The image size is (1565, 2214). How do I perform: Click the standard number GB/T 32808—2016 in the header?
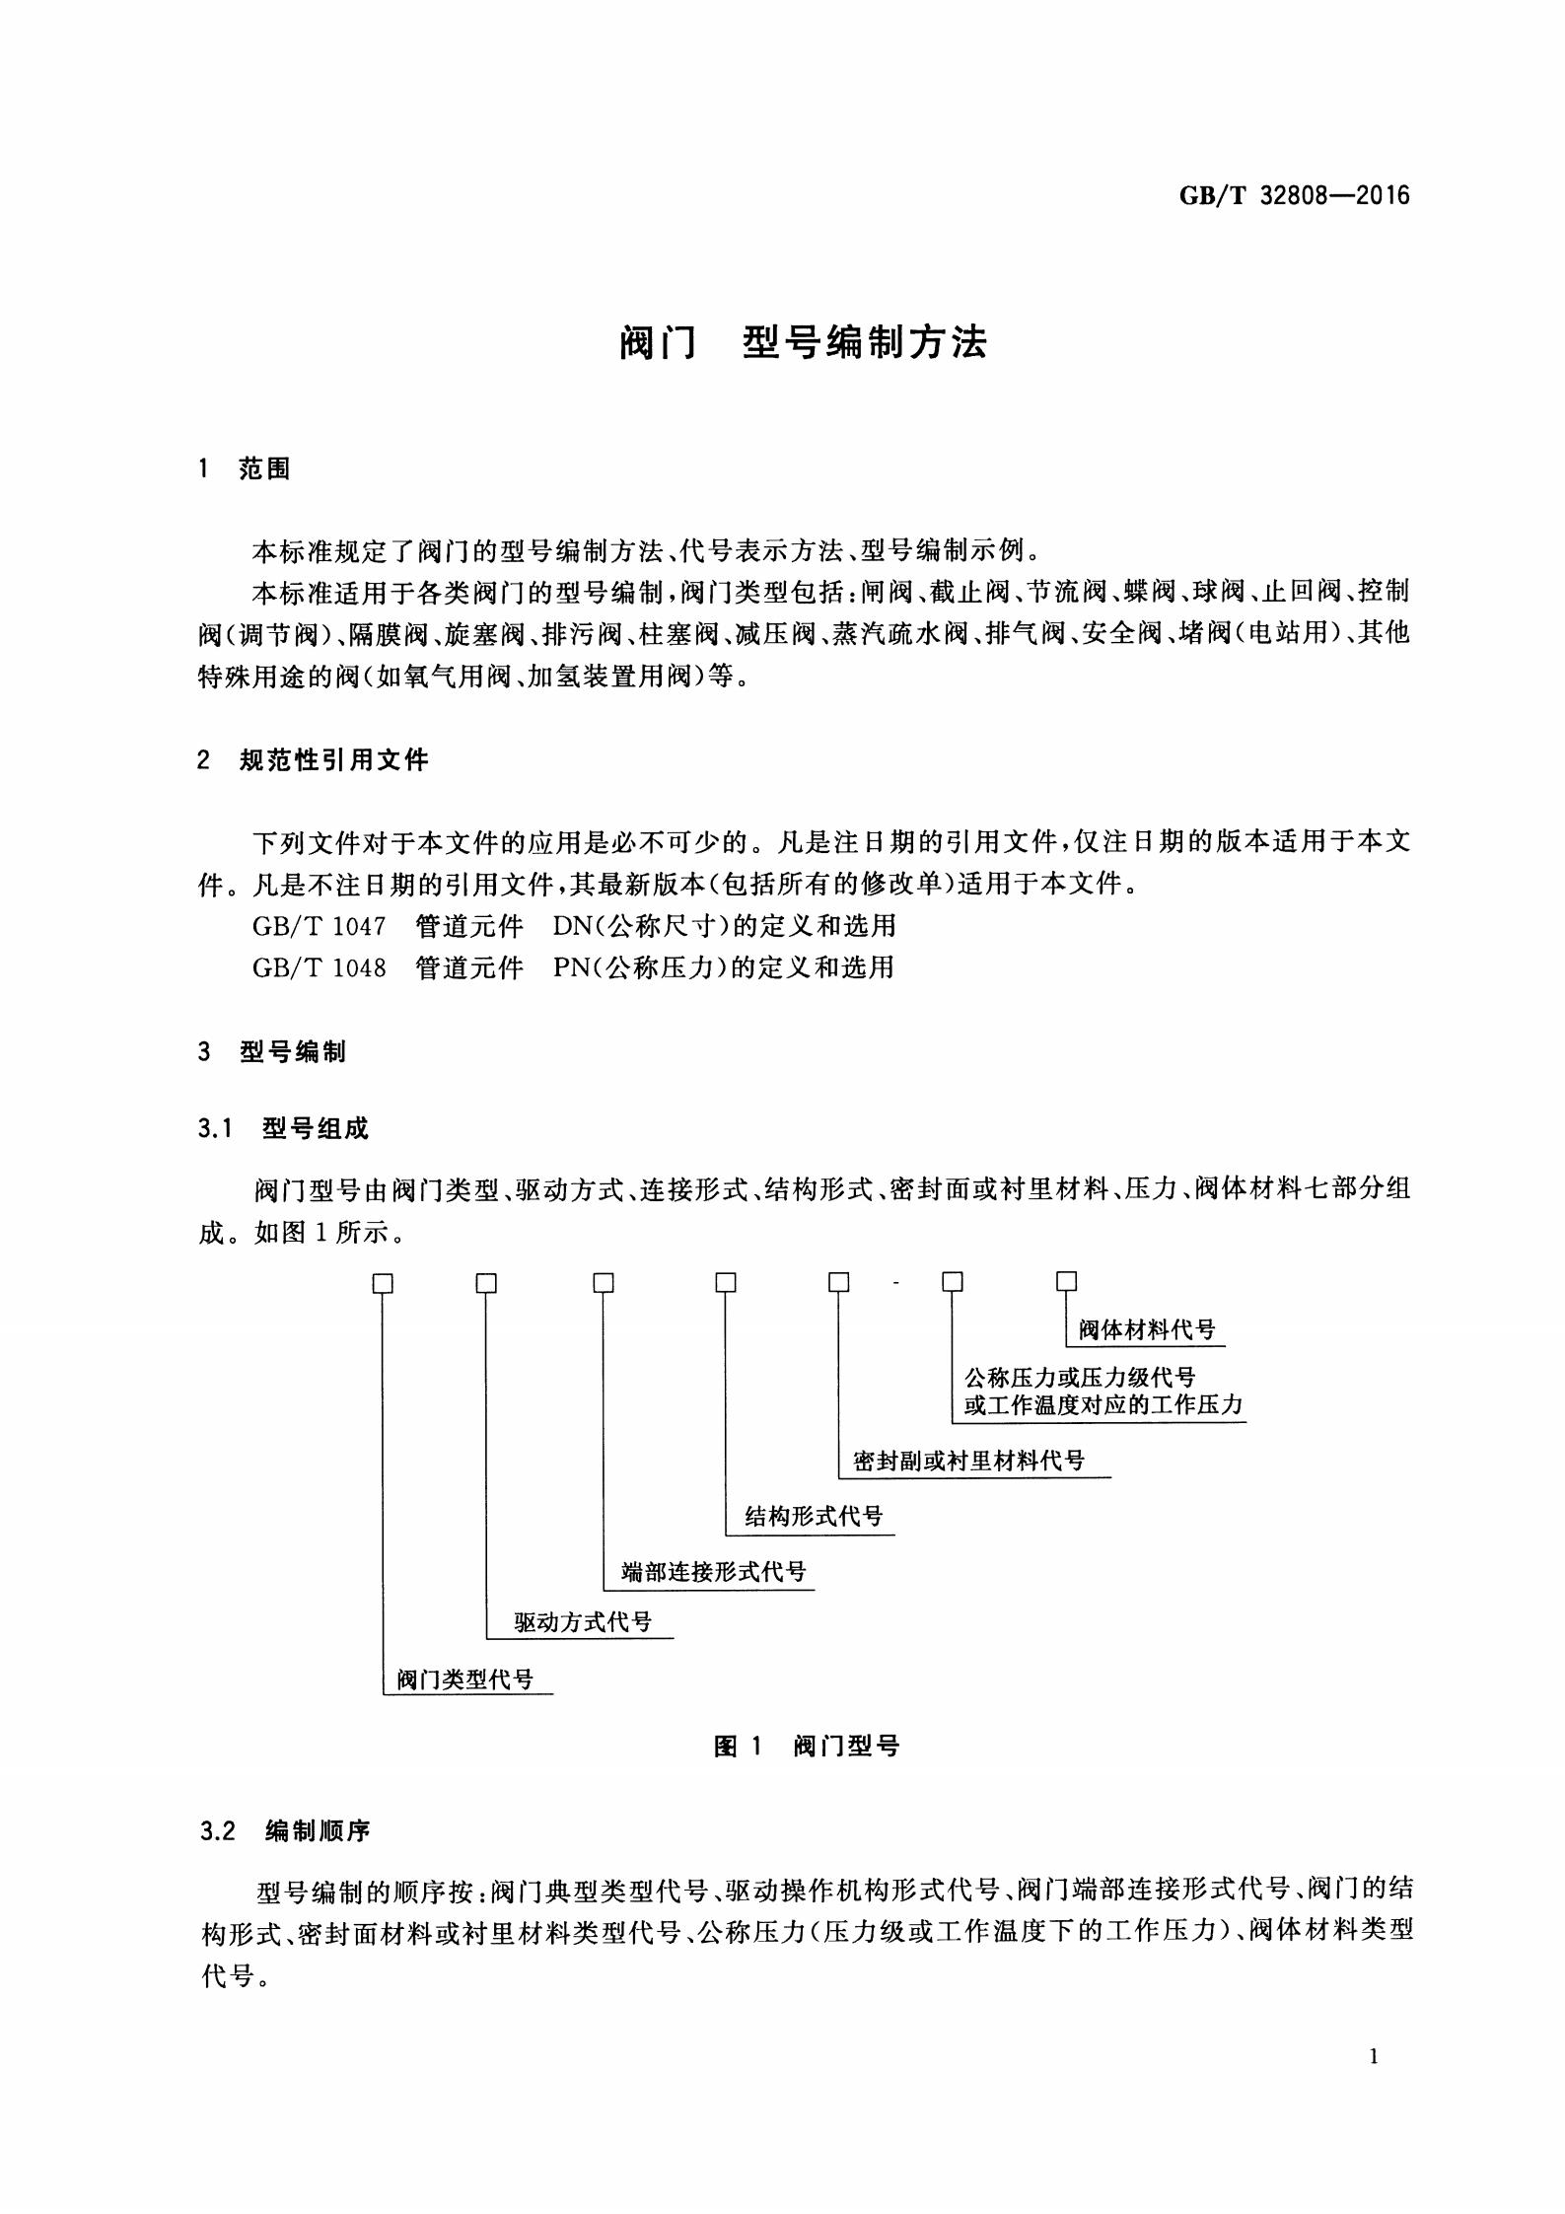click(1294, 195)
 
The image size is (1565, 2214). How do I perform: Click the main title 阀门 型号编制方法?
click(803, 342)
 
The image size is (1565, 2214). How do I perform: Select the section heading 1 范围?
click(245, 469)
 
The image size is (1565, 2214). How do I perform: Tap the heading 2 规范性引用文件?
click(314, 760)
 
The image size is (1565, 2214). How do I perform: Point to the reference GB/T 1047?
click(319, 926)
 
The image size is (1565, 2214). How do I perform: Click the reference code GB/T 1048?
click(319, 967)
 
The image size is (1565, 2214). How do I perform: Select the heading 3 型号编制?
click(272, 1052)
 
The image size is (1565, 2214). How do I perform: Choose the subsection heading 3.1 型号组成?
click(284, 1129)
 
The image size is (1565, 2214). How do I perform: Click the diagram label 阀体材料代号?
click(1146, 1330)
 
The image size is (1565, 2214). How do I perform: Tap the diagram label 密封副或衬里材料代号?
click(968, 1462)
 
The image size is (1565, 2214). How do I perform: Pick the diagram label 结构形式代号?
click(814, 1517)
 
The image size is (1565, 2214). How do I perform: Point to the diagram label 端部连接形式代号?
click(713, 1572)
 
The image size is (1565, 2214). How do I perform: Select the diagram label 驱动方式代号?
click(583, 1622)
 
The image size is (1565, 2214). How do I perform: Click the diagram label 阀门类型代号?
click(464, 1679)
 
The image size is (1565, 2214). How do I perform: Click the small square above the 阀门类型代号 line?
click(383, 1283)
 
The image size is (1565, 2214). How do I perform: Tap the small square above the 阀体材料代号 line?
click(1066, 1281)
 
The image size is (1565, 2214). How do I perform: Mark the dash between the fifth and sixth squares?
click(894, 1283)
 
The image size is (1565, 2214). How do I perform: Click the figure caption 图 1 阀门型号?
click(806, 1747)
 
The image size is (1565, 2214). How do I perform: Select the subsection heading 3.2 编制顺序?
click(284, 1832)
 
